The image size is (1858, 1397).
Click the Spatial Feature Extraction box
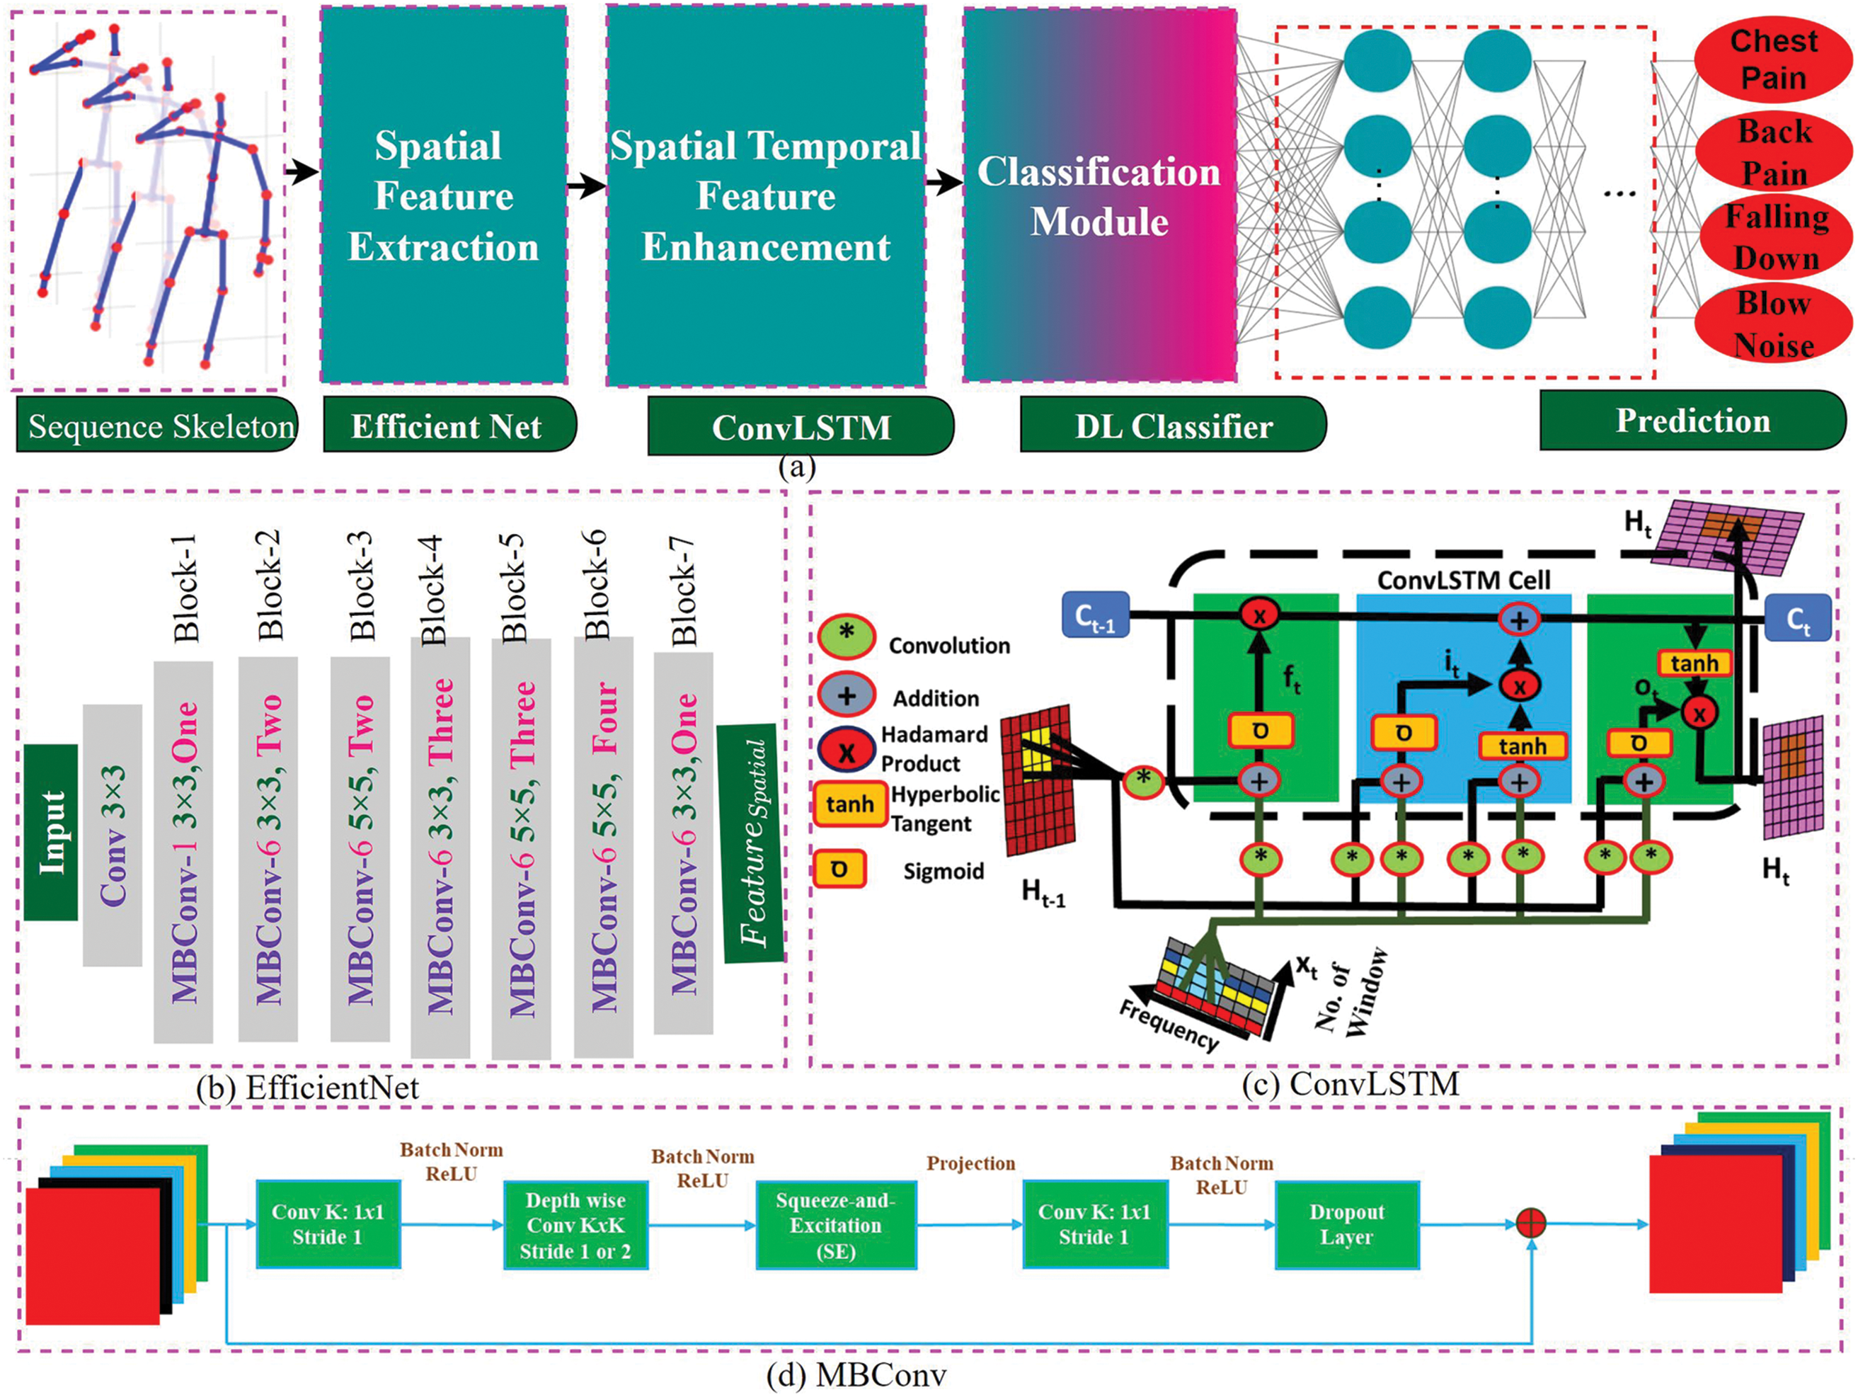444,195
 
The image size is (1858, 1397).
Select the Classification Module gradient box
1099,195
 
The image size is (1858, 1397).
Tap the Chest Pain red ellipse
1773,59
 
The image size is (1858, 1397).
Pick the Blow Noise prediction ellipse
1773,324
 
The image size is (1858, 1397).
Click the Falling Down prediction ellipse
1776,238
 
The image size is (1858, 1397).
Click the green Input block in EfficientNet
50,832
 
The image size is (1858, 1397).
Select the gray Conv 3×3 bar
113,835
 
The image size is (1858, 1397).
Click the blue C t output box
1798,617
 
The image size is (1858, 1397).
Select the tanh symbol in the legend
849,804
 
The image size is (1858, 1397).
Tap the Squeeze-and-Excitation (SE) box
836,1225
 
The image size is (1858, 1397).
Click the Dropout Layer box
1347,1225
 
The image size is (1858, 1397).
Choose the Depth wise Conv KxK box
575,1225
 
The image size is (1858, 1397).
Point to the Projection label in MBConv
971,1163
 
